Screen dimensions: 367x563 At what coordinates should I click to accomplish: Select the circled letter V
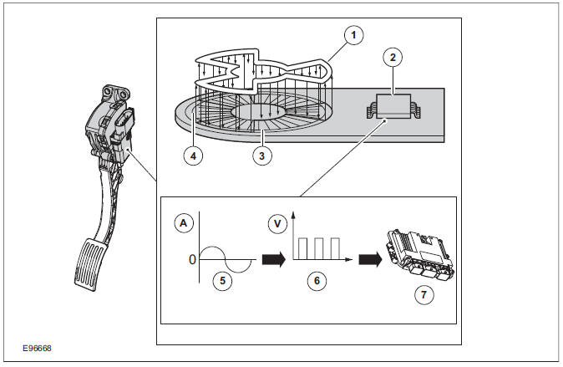276,223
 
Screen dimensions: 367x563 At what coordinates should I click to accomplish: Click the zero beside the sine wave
192,259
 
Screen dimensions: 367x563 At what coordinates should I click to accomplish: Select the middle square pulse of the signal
318,248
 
